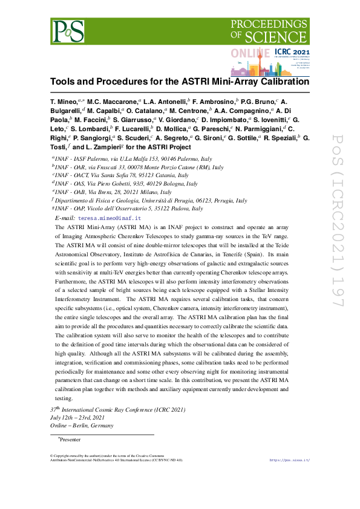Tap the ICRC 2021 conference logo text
point(292,53)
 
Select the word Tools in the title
point(62,81)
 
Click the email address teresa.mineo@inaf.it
point(110,218)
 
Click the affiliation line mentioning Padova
point(128,209)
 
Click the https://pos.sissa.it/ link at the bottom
point(289,460)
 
